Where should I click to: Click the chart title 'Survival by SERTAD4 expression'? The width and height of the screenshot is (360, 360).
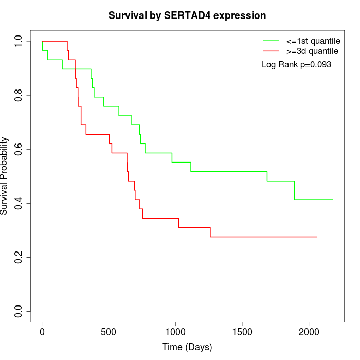[x=187, y=16]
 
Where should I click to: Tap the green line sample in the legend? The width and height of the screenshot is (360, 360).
[x=271, y=41]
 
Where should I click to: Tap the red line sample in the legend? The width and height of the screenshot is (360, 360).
[x=271, y=51]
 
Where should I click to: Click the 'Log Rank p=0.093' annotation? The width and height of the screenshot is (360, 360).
[x=296, y=65]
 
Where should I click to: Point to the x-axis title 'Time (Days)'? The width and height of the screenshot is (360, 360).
[x=187, y=347]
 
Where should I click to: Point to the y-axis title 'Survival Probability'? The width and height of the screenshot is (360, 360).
[x=5, y=176]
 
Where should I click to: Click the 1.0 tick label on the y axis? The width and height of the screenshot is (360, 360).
[x=19, y=41]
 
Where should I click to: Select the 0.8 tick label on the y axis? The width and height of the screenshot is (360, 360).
[x=19, y=95]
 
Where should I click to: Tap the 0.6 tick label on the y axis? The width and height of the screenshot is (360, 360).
[x=19, y=149]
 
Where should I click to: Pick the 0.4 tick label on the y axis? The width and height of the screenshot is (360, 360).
[x=19, y=203]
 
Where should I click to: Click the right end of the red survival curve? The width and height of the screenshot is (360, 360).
[x=317, y=237]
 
